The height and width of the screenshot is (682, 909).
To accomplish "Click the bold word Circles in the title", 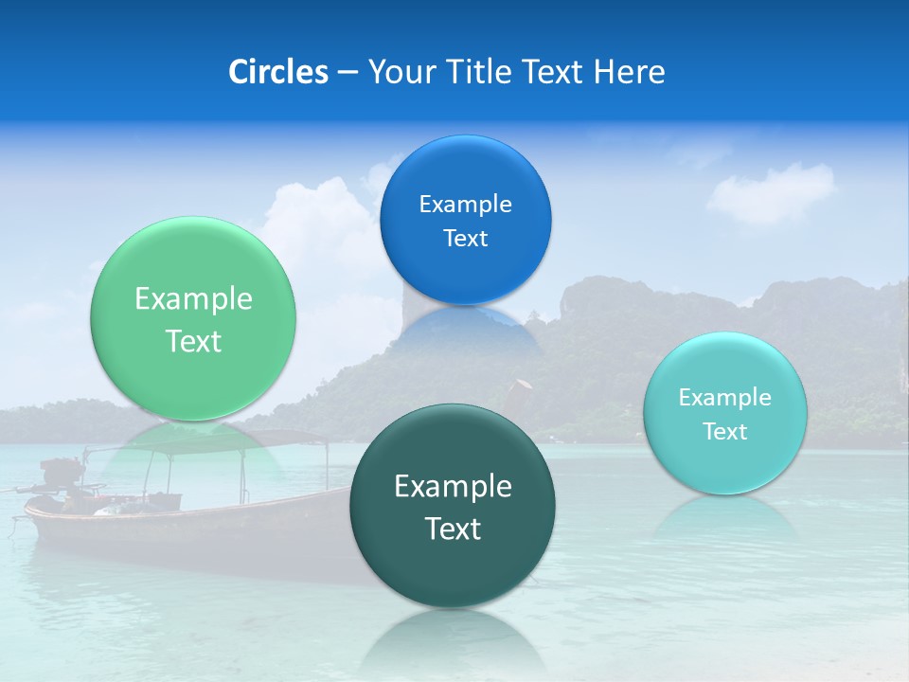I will [x=278, y=72].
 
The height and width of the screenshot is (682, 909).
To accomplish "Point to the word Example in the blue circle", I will [x=466, y=204].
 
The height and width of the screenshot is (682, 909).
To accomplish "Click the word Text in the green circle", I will [x=193, y=341].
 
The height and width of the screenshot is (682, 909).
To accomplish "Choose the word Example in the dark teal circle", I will [x=453, y=486].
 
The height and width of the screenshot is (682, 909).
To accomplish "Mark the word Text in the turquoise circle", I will [x=725, y=432].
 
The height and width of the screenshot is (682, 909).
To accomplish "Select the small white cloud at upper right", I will [x=772, y=194].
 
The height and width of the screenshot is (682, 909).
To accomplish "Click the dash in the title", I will [x=348, y=73].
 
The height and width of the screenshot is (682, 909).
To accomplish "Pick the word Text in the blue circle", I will [x=466, y=239].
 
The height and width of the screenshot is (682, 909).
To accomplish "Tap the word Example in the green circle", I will [x=193, y=299].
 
